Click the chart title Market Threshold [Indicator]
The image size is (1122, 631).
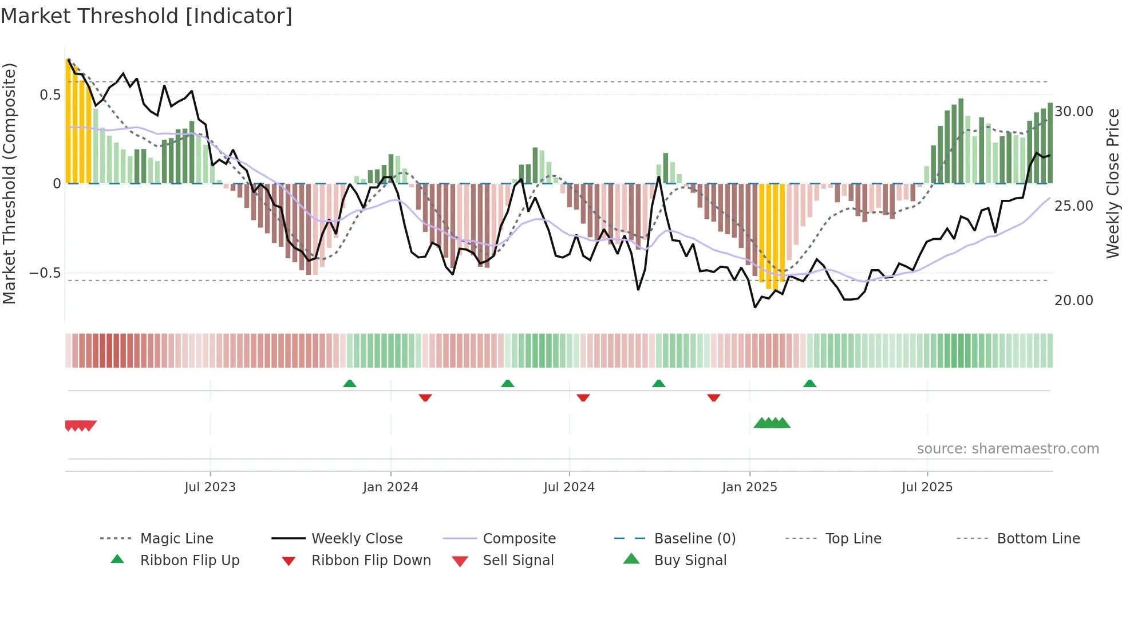coord(147,16)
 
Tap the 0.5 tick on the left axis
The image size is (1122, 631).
coord(50,95)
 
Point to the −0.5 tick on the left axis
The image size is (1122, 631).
coord(45,273)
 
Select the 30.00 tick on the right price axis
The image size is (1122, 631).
coord(1073,112)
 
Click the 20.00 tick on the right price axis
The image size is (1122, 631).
coord(1073,301)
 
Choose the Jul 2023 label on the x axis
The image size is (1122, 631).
coord(210,487)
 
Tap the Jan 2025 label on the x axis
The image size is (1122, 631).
coord(749,487)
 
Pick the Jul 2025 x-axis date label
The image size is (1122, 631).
coord(927,487)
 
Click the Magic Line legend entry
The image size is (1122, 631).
coord(176,539)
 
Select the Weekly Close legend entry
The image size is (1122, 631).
coord(357,539)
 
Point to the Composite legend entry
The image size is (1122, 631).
coord(519,539)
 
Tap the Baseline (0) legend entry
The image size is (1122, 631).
coord(694,539)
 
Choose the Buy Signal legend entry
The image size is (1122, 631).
coord(690,561)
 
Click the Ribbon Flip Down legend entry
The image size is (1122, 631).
coord(370,561)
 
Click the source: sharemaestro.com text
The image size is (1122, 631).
coord(1008,449)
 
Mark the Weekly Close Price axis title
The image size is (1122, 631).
coord(1112,183)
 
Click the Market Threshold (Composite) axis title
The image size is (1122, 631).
coord(9,183)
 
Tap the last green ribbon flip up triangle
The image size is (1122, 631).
coord(809,384)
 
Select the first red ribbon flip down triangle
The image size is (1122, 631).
coord(425,397)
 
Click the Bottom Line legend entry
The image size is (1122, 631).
coord(1038,539)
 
